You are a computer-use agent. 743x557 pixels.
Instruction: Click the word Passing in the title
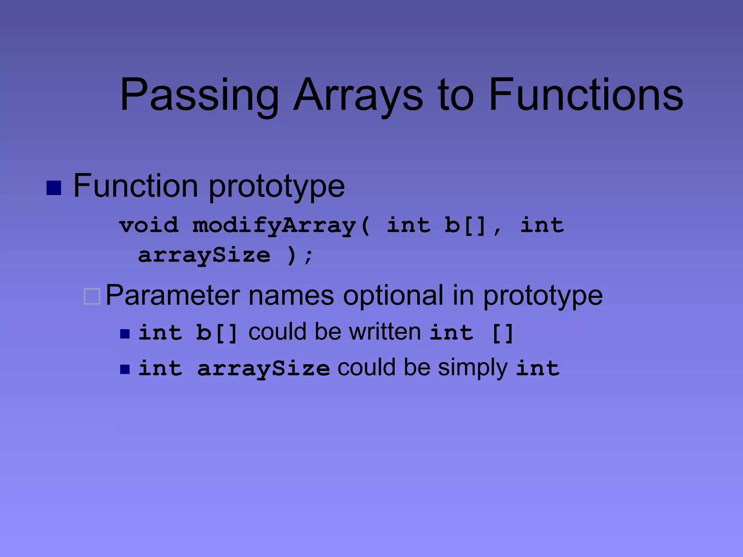click(199, 95)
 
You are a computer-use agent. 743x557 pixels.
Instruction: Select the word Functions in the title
click(586, 95)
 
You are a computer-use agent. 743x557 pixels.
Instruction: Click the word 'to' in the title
click(456, 95)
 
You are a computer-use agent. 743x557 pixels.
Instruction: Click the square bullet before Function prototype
click(54, 188)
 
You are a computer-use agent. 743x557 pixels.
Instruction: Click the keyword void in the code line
click(149, 226)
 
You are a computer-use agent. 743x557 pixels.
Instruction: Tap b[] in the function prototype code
click(465, 226)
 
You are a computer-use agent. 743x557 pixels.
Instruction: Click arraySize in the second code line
click(204, 255)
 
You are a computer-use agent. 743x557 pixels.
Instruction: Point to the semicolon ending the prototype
click(309, 256)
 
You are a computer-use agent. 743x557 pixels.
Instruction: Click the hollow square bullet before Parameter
click(92, 296)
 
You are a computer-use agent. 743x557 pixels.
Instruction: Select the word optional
click(393, 296)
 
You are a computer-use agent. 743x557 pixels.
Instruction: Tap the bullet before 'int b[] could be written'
click(125, 334)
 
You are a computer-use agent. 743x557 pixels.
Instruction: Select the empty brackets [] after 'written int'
click(502, 333)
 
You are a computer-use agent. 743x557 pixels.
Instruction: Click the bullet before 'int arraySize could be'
click(125, 369)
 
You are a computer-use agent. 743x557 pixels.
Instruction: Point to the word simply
click(472, 368)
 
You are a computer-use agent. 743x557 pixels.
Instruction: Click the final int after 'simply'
click(538, 368)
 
